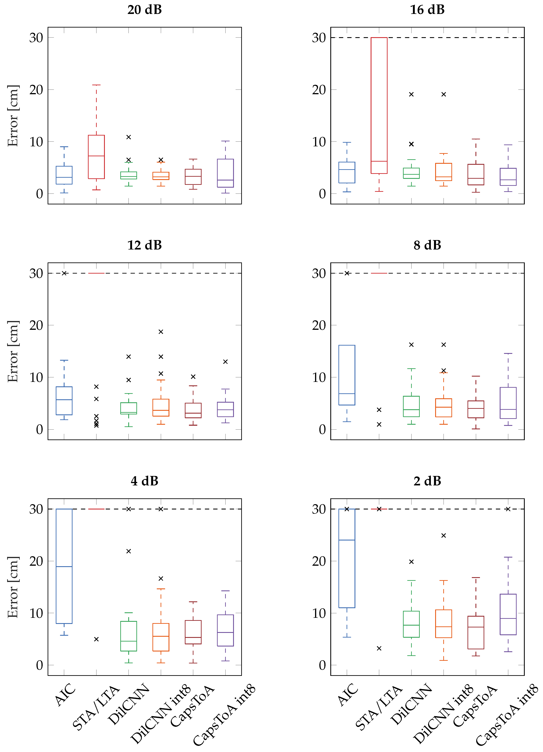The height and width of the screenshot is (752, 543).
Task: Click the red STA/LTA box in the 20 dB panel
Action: point(96,157)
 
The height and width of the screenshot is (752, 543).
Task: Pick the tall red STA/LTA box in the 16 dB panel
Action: point(379,106)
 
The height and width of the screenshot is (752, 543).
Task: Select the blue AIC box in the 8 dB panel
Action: point(347,375)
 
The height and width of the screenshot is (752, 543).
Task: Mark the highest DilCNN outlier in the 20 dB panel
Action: point(129,137)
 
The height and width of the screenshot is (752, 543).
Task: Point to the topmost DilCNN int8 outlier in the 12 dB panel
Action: point(161,332)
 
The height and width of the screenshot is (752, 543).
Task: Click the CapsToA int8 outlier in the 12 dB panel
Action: point(225,362)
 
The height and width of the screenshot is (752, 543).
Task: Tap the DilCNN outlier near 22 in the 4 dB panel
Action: point(129,551)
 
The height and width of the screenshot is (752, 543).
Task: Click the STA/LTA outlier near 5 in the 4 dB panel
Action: point(96,639)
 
